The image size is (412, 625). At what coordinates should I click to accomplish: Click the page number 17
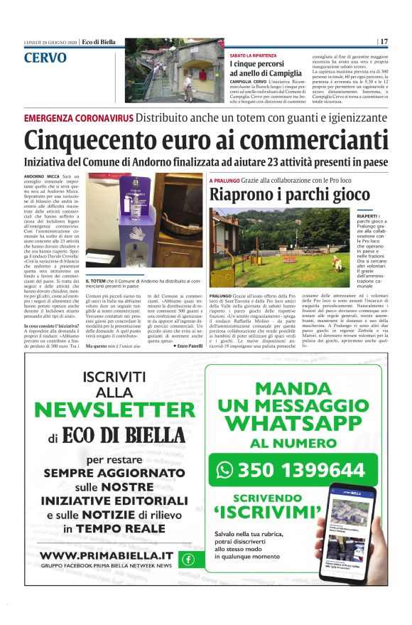click(x=384, y=42)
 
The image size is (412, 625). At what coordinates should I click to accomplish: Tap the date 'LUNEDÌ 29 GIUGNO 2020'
click(x=50, y=43)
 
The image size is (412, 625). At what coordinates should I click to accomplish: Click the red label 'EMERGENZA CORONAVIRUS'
click(x=78, y=118)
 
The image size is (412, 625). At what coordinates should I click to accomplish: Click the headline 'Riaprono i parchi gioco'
click(x=289, y=194)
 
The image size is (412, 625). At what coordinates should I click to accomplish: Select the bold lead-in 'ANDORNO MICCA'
click(x=40, y=176)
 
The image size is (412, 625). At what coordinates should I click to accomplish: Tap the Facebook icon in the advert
click(x=188, y=559)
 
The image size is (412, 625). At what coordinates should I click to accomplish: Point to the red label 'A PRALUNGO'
click(x=225, y=181)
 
